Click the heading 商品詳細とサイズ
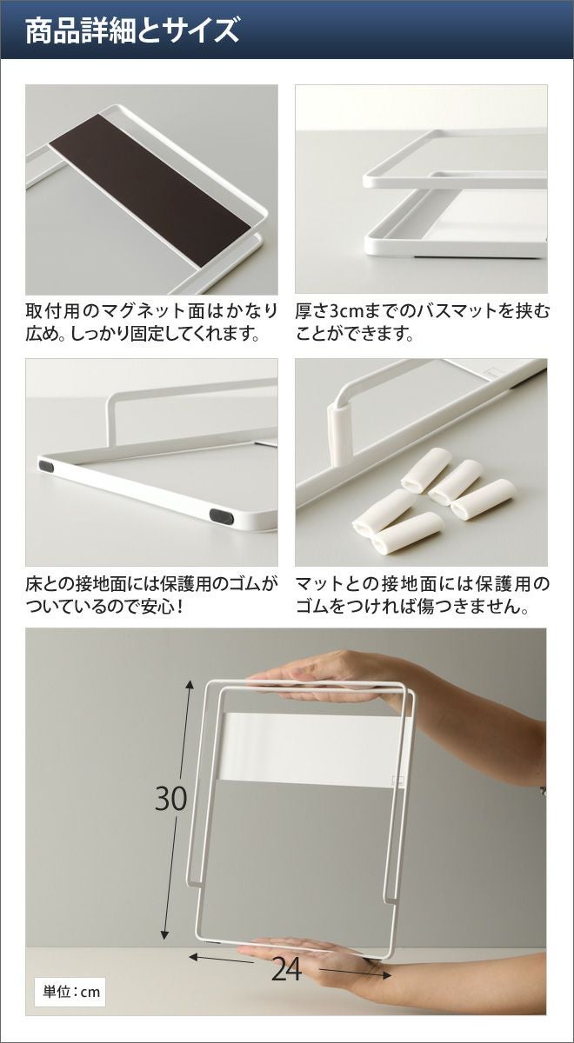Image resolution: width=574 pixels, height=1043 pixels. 132,31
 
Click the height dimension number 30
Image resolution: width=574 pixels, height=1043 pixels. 171,798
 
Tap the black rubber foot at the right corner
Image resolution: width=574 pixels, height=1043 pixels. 221,515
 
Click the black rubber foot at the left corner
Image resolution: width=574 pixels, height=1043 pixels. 46,465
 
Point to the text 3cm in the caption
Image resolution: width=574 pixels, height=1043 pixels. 344,310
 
